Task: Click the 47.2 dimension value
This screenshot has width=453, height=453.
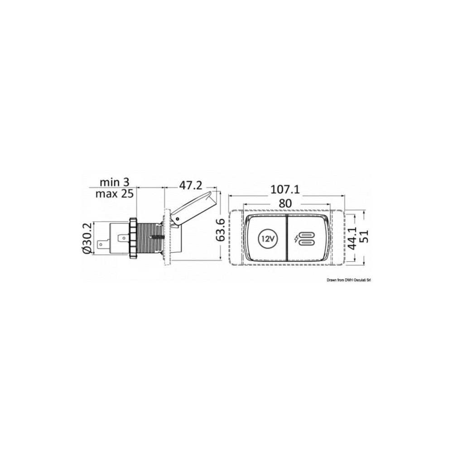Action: pyautogui.click(x=190, y=185)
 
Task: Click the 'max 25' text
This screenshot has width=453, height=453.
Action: pyautogui.click(x=115, y=193)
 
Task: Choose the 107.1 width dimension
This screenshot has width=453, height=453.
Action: pyautogui.click(x=285, y=189)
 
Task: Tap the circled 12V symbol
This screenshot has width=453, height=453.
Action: pyautogui.click(x=266, y=239)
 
